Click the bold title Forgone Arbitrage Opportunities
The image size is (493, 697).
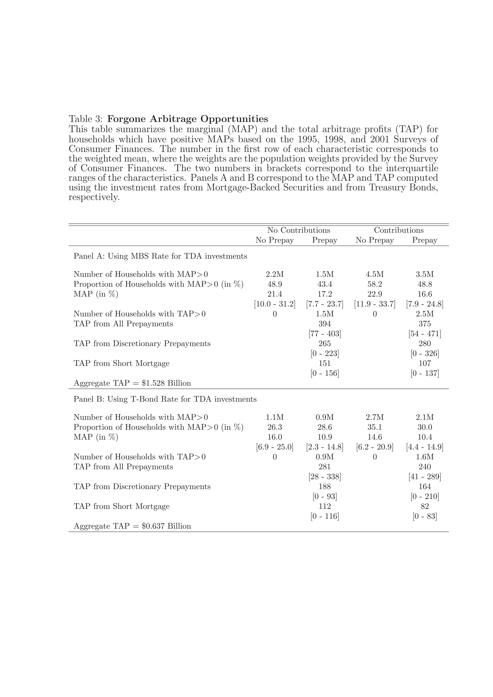tap(188, 119)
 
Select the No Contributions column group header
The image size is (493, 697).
tap(298, 230)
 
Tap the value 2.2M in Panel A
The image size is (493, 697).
tap(275, 274)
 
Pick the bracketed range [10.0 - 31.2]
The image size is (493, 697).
tap(275, 304)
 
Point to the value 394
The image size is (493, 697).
tap(324, 324)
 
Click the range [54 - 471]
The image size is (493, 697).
tap(424, 334)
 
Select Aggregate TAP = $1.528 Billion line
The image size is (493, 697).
tap(132, 383)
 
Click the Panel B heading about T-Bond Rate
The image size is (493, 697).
tap(165, 399)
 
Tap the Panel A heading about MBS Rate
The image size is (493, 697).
tap(160, 256)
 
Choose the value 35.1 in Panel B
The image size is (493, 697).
tap(375, 427)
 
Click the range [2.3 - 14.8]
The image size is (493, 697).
tap(324, 447)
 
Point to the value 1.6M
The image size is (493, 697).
tap(424, 457)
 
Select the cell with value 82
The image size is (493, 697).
tap(424, 506)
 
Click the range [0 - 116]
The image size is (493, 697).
tap(324, 516)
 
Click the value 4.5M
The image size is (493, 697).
tap(375, 274)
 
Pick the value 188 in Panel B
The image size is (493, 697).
tap(324, 487)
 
